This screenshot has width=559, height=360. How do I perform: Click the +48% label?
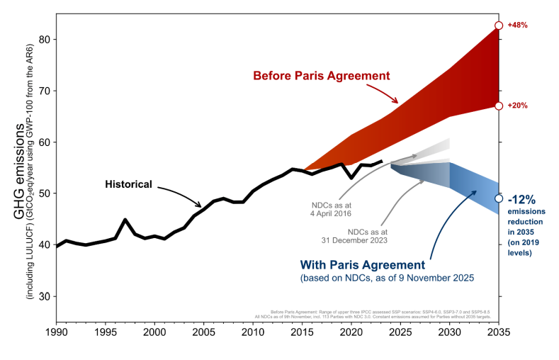517,25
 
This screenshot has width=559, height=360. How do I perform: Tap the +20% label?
517,106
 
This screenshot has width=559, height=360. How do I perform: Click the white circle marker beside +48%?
499,26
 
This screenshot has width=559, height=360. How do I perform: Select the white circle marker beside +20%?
499,106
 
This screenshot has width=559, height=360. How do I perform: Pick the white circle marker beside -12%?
499,198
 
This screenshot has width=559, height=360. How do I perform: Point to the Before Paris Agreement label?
322,75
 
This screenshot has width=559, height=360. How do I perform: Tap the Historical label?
129,184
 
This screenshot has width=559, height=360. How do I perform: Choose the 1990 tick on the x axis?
56,332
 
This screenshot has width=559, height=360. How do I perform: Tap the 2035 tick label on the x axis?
499,332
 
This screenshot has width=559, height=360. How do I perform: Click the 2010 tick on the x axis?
253,332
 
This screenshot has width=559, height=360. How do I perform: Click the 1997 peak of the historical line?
125,220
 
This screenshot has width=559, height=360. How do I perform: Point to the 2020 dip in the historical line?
351,178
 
